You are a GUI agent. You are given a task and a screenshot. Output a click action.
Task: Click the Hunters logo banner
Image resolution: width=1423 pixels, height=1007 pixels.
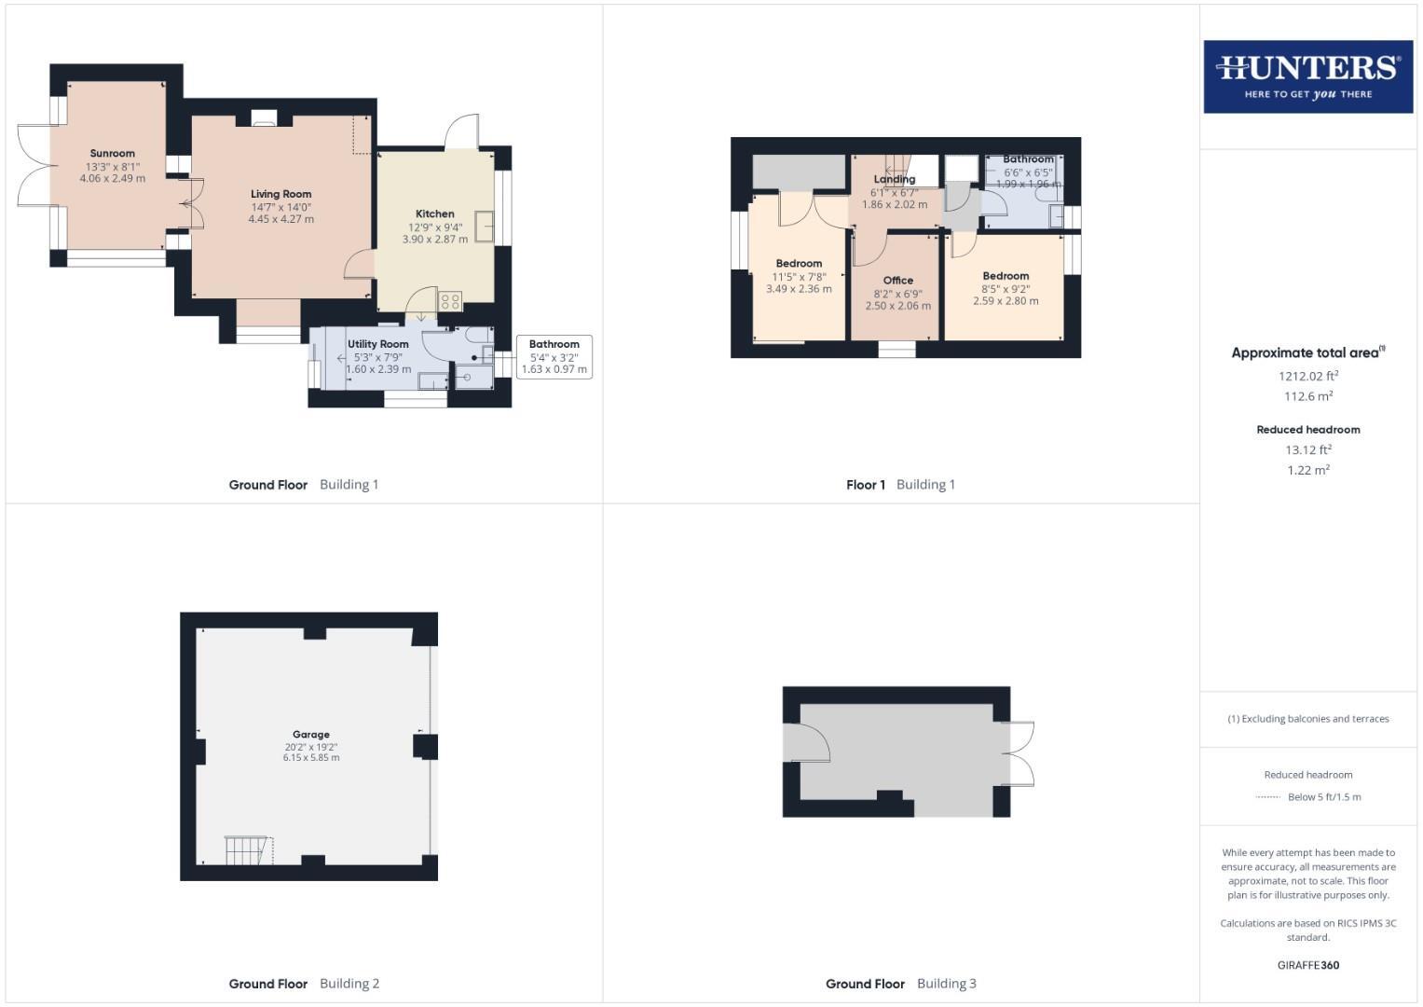coord(1307,76)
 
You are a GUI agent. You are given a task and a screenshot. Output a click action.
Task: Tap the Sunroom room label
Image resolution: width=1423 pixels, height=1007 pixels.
coord(113,153)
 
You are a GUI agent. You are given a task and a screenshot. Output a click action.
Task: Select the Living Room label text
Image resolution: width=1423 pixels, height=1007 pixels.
coord(280,194)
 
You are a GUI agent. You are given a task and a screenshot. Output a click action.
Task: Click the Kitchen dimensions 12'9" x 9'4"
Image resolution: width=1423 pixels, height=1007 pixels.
coord(434,227)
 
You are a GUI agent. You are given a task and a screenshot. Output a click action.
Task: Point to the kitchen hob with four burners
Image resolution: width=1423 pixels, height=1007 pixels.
coord(450,301)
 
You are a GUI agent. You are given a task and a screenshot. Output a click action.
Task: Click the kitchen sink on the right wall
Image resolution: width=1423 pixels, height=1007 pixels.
coord(484,227)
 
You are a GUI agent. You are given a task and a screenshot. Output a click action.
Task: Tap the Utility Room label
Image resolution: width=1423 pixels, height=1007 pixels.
coord(378,344)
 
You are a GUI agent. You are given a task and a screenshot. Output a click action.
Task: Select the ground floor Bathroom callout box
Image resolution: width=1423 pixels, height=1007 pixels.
coord(554,356)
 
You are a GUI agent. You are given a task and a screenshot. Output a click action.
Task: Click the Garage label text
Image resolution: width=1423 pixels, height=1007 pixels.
coord(311,734)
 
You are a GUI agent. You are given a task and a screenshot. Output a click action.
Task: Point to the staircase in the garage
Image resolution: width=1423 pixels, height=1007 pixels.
coord(247,849)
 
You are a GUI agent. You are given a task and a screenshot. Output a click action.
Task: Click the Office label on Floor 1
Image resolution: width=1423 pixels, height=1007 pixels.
coord(898,280)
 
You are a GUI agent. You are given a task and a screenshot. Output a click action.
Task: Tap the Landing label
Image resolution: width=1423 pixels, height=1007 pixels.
coord(895,179)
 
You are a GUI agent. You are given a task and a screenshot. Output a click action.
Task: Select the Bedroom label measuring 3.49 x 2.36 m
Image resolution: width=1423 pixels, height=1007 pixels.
coord(799,263)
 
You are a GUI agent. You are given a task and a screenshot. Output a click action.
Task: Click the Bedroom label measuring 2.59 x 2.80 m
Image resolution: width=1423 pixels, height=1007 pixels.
coord(1006,276)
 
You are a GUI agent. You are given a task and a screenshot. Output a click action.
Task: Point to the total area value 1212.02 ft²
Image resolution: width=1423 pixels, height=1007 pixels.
coord(1308,377)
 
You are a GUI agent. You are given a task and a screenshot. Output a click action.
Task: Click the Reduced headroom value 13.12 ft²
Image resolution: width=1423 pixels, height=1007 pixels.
coord(1308,449)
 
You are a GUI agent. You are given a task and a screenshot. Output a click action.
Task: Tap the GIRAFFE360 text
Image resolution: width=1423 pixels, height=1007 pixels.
coord(1308,965)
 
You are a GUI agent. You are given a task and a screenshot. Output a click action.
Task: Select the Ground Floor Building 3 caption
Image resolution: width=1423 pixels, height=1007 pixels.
coord(901,983)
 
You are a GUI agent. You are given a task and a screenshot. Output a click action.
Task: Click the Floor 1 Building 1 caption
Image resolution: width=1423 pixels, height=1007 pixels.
coord(900,484)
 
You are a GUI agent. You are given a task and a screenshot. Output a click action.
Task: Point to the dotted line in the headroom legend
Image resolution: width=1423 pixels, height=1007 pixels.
coord(1268,797)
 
